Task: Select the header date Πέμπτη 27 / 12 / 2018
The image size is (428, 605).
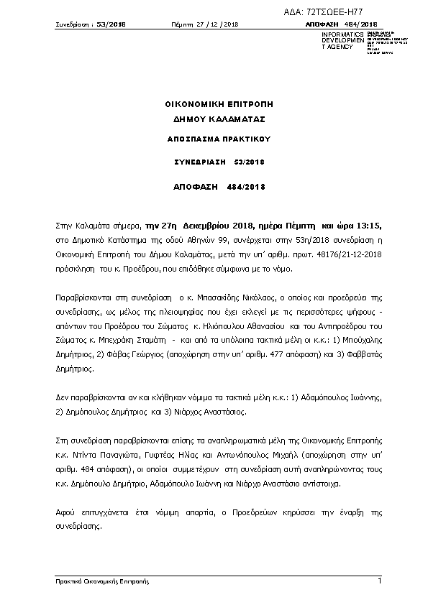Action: click(204, 24)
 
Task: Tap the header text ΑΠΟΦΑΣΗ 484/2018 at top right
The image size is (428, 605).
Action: click(342, 24)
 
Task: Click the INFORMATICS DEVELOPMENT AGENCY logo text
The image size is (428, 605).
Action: click(338, 40)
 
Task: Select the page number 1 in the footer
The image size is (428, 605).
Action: click(379, 579)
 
